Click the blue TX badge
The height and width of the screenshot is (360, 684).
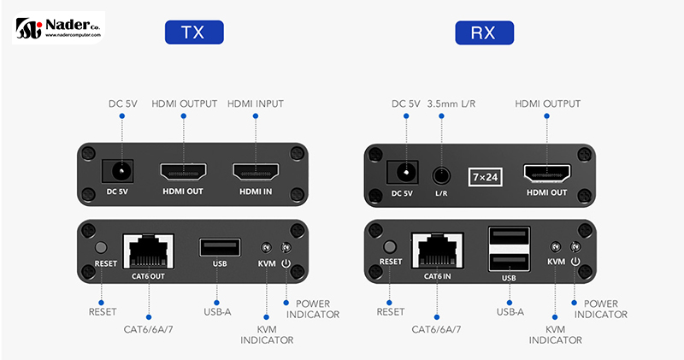(194, 32)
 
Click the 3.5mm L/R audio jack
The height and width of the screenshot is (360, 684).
(441, 174)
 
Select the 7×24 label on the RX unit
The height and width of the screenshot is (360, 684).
(484, 175)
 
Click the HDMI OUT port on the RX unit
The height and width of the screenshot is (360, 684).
(546, 174)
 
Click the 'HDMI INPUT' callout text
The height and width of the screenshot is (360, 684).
(256, 104)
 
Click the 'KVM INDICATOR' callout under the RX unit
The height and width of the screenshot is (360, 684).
(555, 334)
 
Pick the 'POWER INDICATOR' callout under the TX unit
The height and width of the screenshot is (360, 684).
(317, 310)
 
